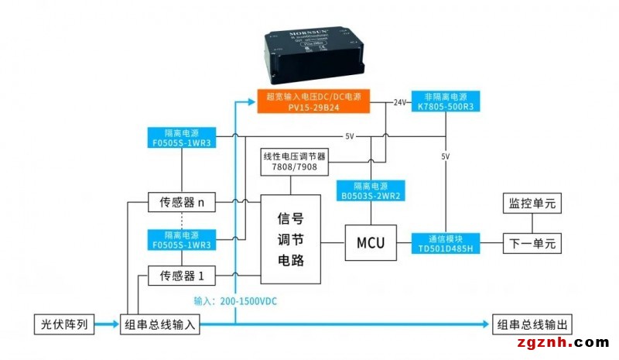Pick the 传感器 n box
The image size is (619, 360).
(x=182, y=203)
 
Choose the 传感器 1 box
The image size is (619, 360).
(x=182, y=275)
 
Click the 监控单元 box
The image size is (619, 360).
(x=532, y=203)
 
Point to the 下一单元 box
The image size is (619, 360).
(x=532, y=242)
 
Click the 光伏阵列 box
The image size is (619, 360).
(x=65, y=324)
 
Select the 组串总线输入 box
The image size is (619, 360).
(x=160, y=324)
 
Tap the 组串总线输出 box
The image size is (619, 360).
(x=535, y=324)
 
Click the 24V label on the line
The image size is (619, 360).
(x=399, y=102)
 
